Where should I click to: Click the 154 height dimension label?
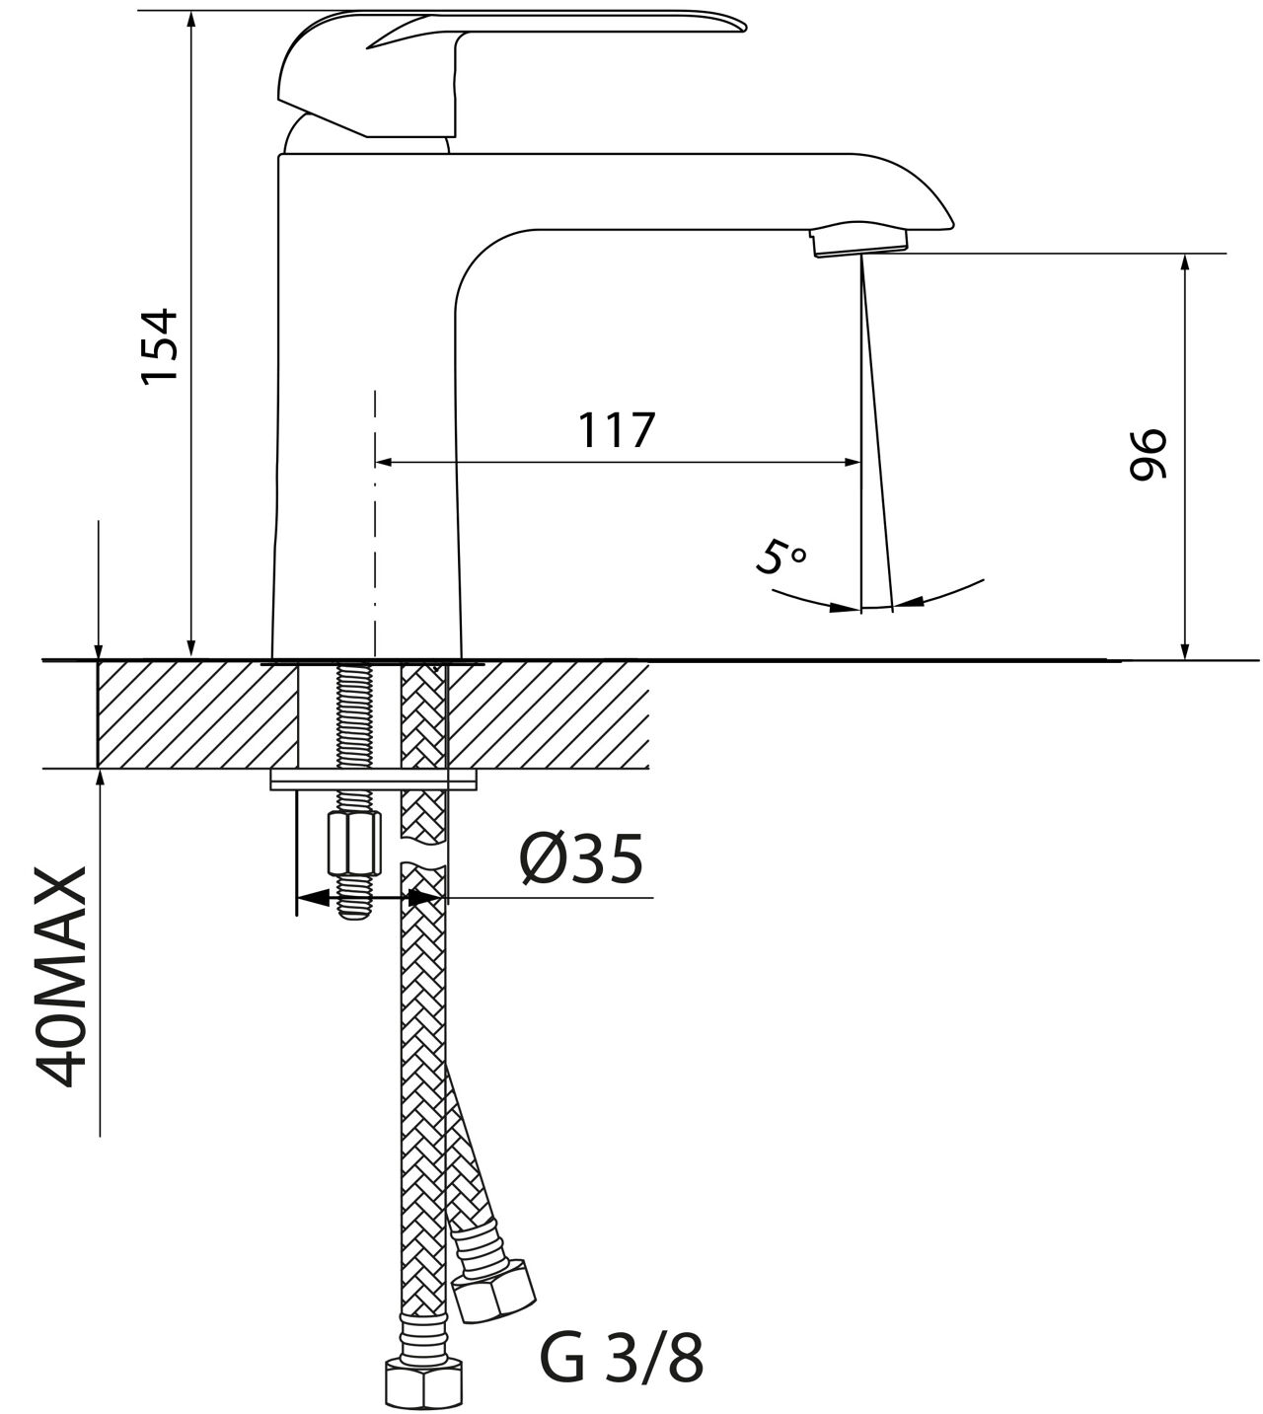point(160,345)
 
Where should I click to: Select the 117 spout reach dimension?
point(618,430)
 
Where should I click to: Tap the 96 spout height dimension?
point(1148,454)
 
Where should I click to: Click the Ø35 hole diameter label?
point(581,859)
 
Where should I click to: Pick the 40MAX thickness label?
point(61,978)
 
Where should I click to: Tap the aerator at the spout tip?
point(859,241)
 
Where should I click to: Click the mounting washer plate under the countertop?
point(373,781)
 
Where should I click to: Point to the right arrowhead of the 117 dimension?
point(853,462)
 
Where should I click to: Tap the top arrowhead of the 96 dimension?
point(1184,263)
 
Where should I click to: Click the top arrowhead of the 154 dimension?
point(192,21)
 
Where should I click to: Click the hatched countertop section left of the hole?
point(197,715)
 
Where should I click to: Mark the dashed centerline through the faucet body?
point(375,523)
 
